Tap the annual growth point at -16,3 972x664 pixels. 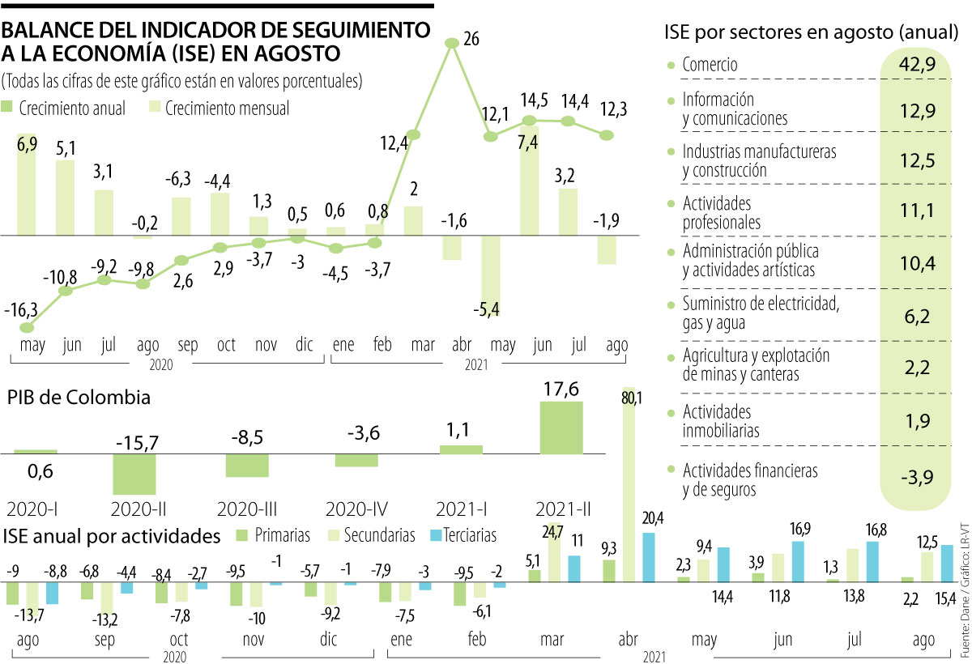[28, 328]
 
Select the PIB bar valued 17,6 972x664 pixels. [561, 427]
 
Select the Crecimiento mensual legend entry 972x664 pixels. [219, 108]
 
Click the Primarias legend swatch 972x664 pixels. [241, 535]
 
